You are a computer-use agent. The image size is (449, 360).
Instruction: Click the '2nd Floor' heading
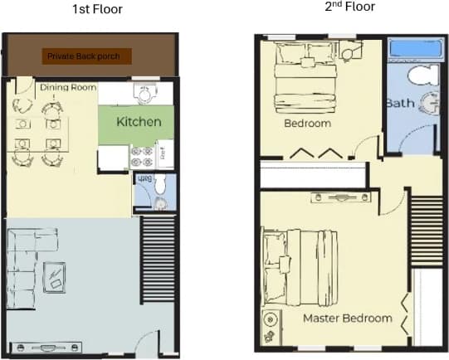(x=349, y=7)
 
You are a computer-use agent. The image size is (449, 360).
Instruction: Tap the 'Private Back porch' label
(x=89, y=56)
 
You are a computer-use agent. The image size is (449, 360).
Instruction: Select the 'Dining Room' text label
(x=68, y=87)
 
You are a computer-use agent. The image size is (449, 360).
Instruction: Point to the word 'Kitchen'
(x=138, y=122)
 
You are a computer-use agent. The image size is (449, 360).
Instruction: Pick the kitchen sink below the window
(x=146, y=94)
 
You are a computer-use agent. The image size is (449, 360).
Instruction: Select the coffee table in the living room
(x=56, y=275)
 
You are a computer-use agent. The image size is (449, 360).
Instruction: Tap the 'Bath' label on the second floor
(x=399, y=104)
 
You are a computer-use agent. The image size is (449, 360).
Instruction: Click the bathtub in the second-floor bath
(x=414, y=48)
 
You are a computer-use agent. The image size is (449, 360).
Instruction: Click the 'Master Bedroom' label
(x=347, y=318)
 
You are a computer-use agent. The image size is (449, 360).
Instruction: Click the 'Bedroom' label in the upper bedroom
(x=307, y=124)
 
